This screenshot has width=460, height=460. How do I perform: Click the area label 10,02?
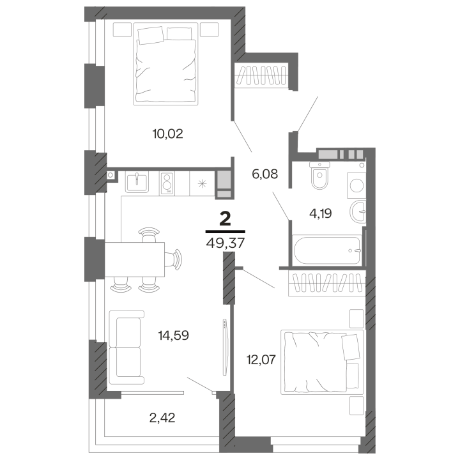[167, 134]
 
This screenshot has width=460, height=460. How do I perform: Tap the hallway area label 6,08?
[264, 174]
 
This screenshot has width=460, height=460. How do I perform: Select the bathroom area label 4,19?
[320, 213]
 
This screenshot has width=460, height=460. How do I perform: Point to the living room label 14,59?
[173, 335]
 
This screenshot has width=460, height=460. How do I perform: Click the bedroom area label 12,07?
[261, 359]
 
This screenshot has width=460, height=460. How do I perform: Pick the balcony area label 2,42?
[162, 418]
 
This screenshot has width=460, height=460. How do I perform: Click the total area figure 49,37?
[226, 243]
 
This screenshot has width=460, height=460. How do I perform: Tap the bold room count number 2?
[226, 219]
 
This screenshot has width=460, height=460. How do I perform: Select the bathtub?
[327, 250]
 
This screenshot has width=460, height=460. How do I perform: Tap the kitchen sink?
[137, 181]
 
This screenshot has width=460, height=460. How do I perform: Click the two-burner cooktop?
[167, 183]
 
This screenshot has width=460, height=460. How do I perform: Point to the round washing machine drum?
[356, 185]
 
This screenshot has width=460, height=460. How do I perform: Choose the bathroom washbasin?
[358, 211]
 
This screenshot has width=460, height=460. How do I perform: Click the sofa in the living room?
[126, 347]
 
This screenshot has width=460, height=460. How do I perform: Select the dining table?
[135, 259]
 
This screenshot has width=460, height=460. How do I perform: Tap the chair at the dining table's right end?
[174, 259]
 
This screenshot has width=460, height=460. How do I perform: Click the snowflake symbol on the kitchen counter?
[202, 184]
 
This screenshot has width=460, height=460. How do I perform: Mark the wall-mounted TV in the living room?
[226, 347]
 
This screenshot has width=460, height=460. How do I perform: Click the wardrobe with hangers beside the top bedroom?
[261, 75]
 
